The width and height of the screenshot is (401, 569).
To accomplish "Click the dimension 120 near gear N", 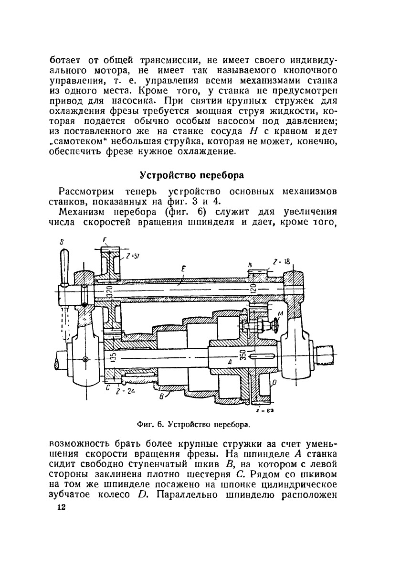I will (253, 290).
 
